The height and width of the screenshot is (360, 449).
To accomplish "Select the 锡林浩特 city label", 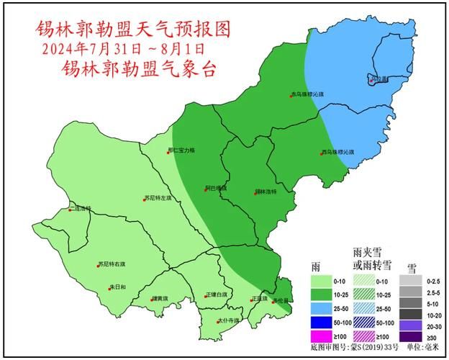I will click(x=267, y=192).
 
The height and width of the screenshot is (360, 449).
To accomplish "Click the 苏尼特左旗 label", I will click(x=160, y=198).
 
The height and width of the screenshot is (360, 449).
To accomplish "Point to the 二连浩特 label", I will click(x=81, y=209).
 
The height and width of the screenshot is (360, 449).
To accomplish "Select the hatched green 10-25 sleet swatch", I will click(x=366, y=295).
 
